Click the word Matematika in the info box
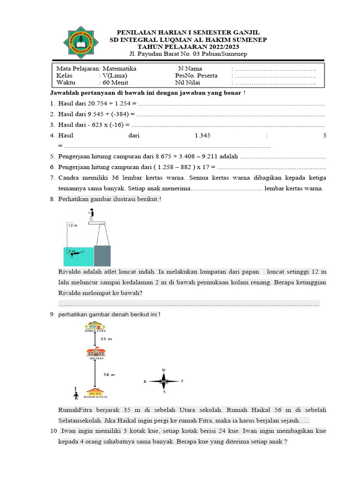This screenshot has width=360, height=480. click(120, 68)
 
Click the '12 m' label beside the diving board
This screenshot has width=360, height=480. click(72, 225)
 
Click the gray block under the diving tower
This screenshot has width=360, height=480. click(102, 256)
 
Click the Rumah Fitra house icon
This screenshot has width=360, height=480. click(95, 325)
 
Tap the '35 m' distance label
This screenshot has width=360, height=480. click(107, 338)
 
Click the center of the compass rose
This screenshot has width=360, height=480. click(164, 381)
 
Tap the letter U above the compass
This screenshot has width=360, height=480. click(164, 370)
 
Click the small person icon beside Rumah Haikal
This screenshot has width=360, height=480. click(76, 391)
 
